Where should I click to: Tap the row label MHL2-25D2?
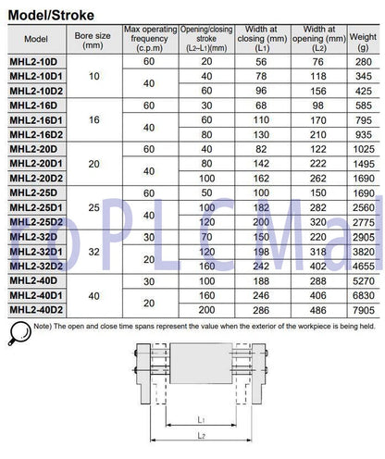point(34,222)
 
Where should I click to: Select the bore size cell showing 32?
point(93,252)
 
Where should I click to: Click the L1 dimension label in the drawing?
point(198,419)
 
